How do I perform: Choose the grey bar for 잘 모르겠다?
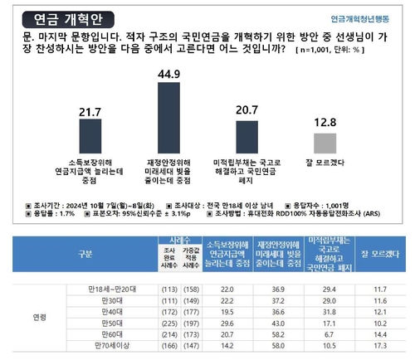pos(325,141)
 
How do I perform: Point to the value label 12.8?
pos(325,122)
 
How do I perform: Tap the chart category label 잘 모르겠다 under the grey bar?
pos(325,163)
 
